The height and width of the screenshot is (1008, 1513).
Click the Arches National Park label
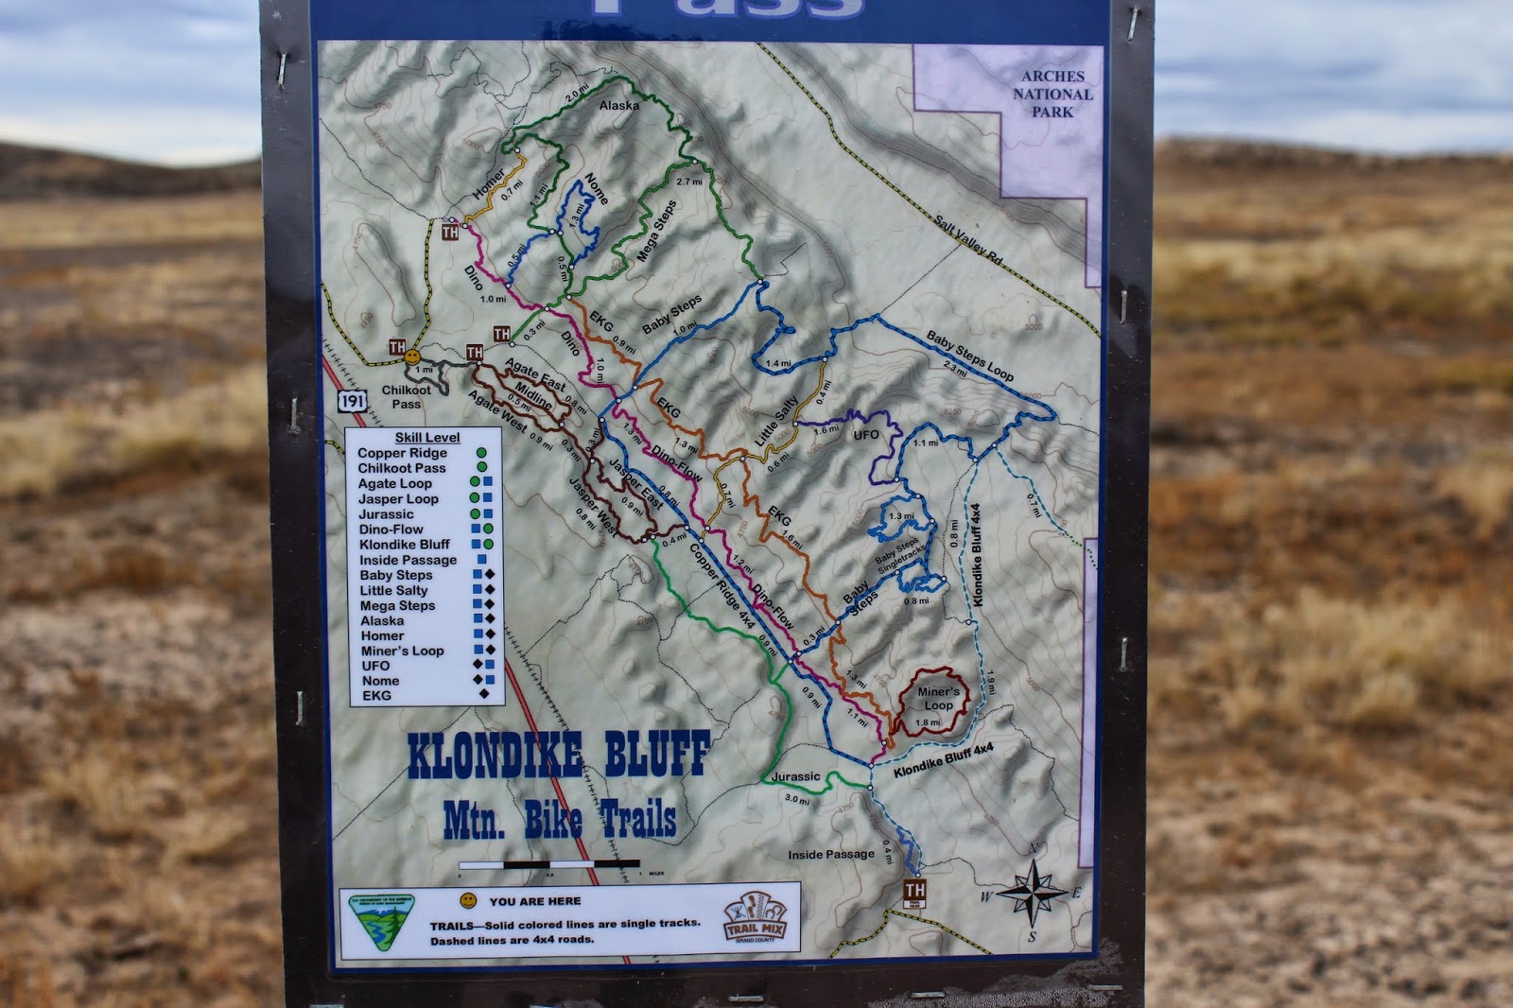tap(1052, 94)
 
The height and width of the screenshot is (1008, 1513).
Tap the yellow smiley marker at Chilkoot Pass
tap(412, 357)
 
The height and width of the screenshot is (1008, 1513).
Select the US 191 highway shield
tap(352, 401)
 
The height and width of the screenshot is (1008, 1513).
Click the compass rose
tap(1033, 891)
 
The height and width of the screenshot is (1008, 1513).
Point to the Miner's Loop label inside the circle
tap(938, 698)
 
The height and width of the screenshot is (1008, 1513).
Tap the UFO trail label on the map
tap(866, 435)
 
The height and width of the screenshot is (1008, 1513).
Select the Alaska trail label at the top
tap(619, 106)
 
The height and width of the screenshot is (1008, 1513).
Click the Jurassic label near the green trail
tap(795, 776)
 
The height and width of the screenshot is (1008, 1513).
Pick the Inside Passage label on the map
tap(831, 855)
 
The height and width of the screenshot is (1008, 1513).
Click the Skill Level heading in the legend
tap(427, 438)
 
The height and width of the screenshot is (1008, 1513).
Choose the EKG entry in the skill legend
tap(376, 696)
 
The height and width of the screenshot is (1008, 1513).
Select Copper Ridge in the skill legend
tap(402, 453)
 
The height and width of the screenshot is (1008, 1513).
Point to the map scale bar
tap(549, 864)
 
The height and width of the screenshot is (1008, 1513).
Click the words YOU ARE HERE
tap(535, 901)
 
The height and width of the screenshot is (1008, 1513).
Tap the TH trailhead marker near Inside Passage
tap(914, 890)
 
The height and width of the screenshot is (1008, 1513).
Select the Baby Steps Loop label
tap(969, 356)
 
